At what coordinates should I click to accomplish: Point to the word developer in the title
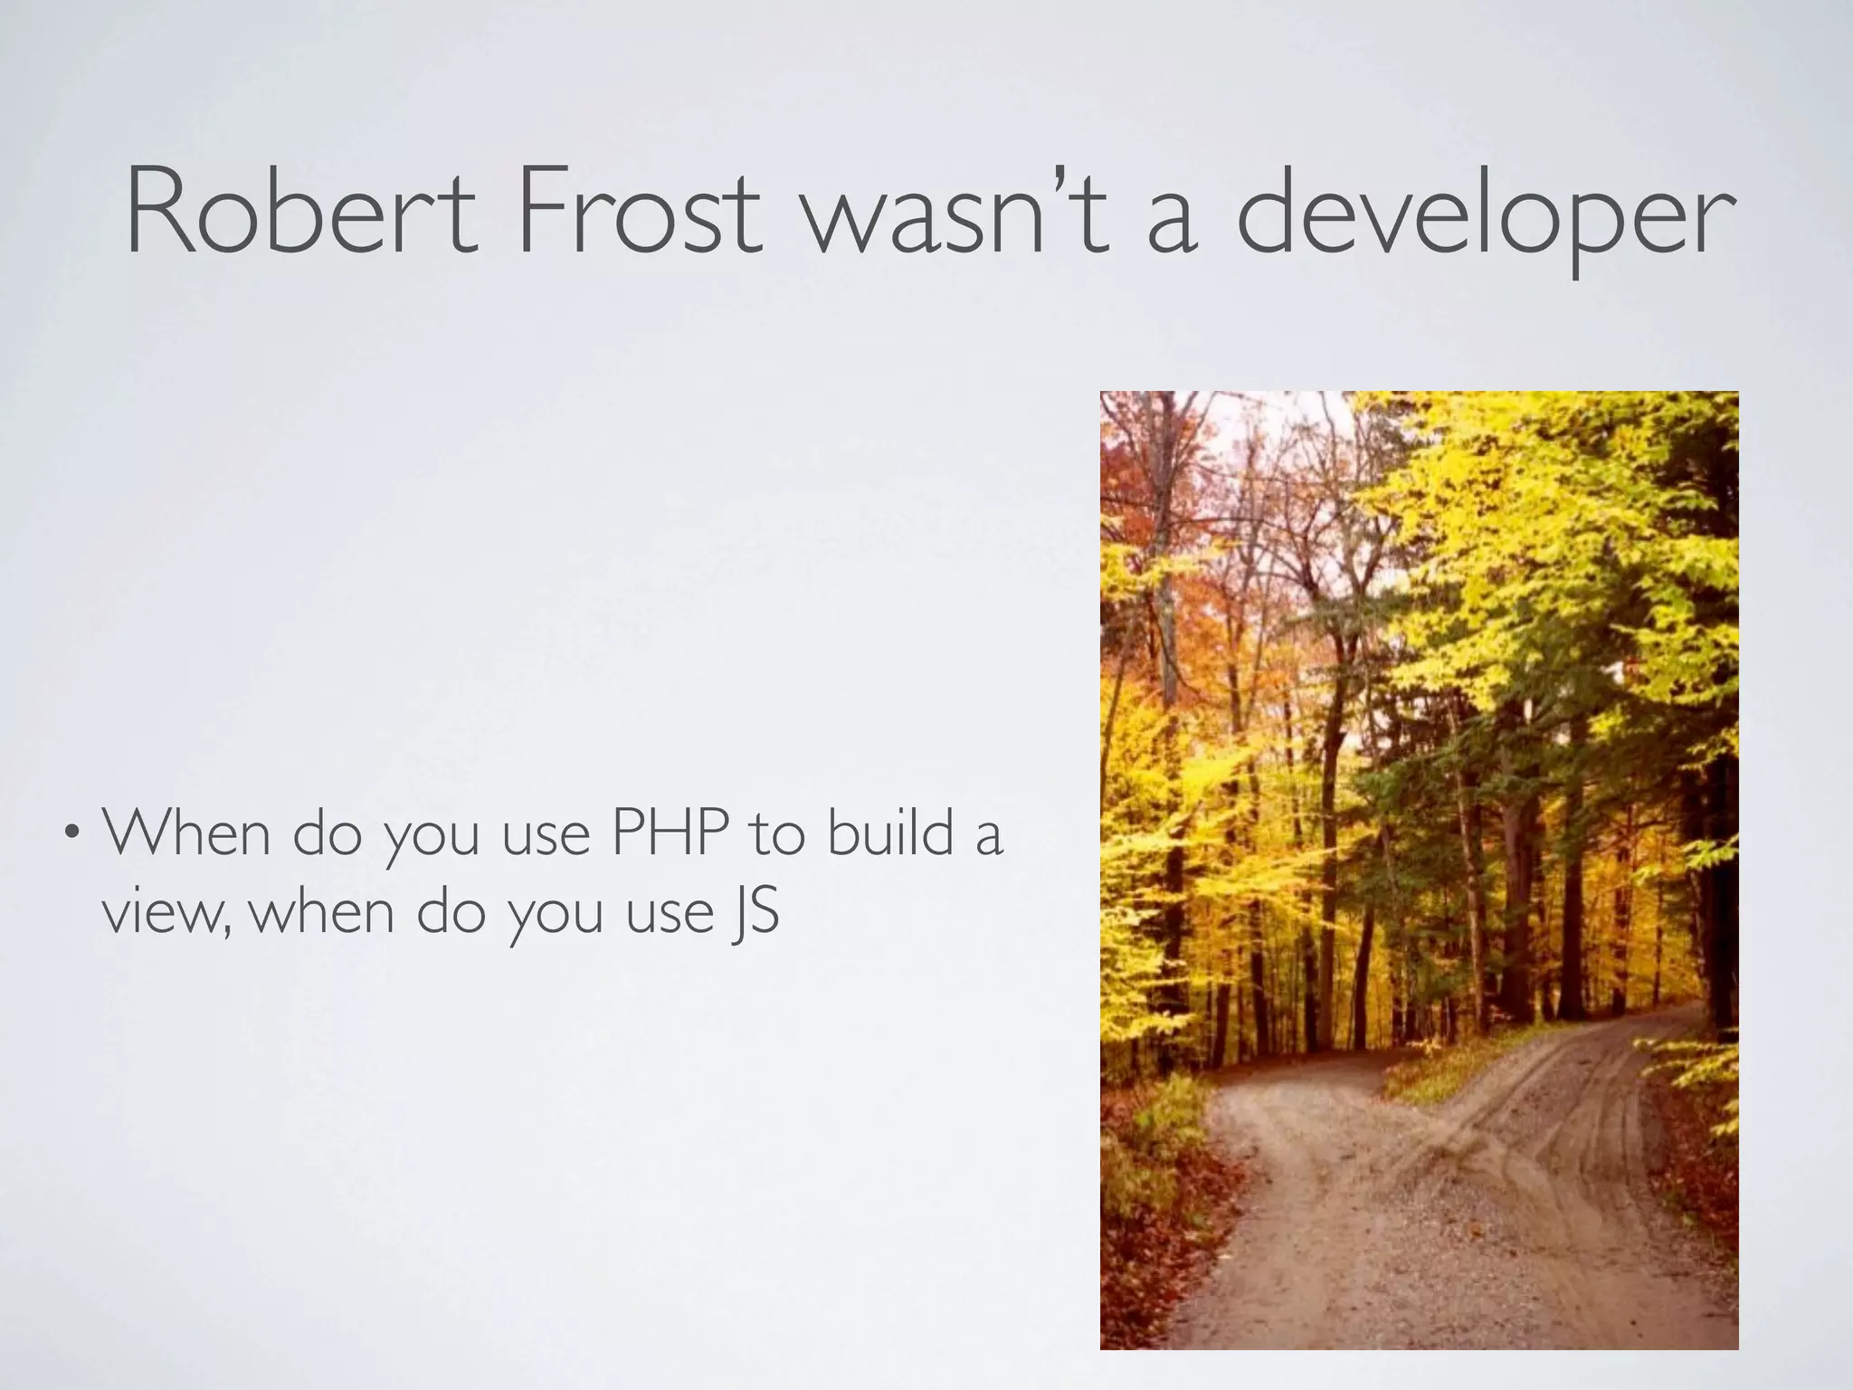[1484, 217]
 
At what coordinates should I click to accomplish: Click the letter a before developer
[1173, 223]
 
